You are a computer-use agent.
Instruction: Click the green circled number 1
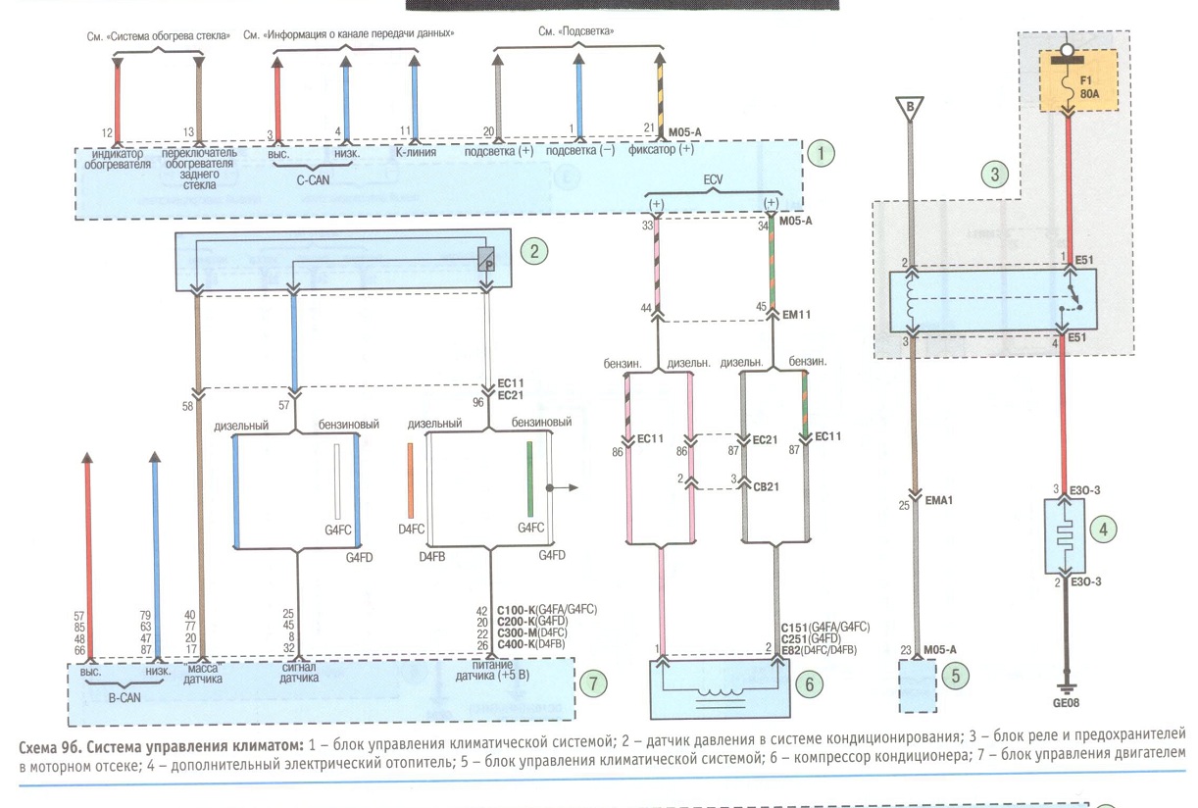tap(821, 154)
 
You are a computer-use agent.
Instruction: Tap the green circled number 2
tap(534, 251)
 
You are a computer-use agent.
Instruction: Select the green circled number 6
tap(809, 684)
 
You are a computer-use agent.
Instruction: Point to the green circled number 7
tap(593, 683)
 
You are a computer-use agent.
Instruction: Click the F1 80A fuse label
tap(1089, 87)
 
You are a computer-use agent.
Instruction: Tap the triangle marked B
tap(910, 109)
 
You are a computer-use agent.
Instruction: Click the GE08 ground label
tap(1066, 703)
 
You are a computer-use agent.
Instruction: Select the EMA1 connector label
tap(938, 501)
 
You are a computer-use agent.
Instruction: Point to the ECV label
tap(713, 179)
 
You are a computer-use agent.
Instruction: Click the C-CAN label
tap(313, 180)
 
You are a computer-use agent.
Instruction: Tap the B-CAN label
tap(125, 698)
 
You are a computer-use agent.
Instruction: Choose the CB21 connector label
tap(766, 487)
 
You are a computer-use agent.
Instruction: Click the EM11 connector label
tap(796, 315)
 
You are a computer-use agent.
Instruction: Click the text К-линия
tap(416, 152)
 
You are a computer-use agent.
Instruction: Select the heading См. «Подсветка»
tap(576, 31)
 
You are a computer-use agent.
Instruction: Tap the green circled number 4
tap(1103, 530)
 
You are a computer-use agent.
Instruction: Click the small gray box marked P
tap(486, 260)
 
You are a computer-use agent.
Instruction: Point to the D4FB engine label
tap(431, 557)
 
